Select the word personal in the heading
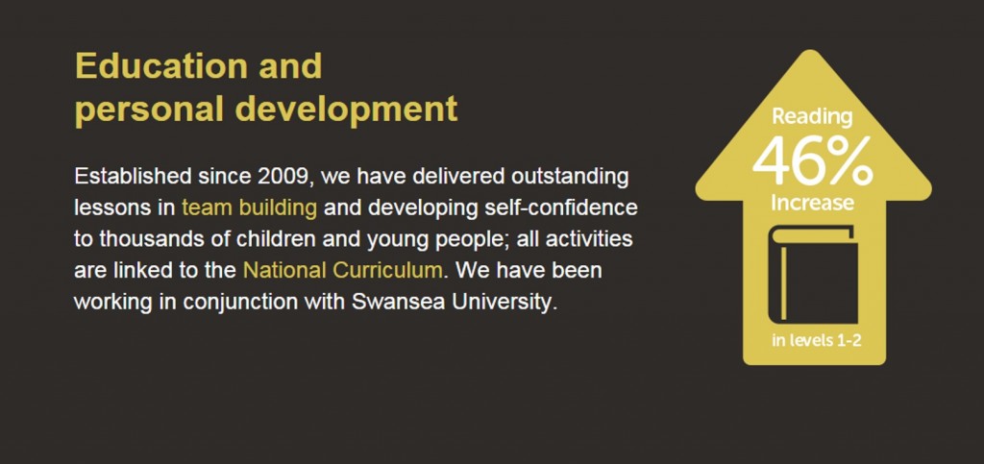(x=149, y=110)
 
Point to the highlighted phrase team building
(x=249, y=208)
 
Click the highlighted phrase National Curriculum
(x=343, y=270)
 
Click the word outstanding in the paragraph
(x=570, y=177)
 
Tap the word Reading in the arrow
(x=812, y=116)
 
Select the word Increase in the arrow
(x=812, y=203)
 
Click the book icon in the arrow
(x=813, y=276)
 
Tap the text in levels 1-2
(x=816, y=341)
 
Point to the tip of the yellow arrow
(x=812, y=50)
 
